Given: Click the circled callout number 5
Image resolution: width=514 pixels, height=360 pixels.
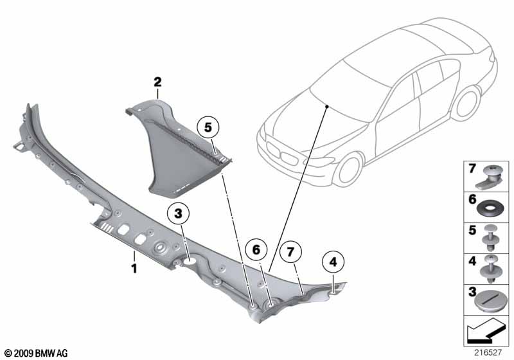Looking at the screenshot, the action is (208, 127).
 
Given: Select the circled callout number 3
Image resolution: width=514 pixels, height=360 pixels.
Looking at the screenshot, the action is (178, 214).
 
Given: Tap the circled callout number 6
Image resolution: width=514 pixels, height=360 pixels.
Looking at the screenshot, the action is (256, 250).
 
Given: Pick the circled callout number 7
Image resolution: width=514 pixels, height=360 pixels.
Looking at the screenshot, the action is (290, 252).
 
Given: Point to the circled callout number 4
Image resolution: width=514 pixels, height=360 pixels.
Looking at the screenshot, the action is (333, 262).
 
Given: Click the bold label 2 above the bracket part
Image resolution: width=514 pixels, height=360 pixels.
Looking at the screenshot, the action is (157, 82).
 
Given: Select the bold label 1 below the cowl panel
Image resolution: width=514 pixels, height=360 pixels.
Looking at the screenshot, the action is (134, 269).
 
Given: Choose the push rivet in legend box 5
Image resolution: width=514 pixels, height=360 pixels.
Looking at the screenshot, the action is (491, 238).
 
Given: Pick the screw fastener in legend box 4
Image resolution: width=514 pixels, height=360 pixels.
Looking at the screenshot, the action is (491, 269).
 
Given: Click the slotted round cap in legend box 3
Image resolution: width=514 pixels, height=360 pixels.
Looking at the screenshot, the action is (489, 301).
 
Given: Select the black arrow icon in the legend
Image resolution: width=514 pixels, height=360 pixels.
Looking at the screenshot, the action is (484, 330).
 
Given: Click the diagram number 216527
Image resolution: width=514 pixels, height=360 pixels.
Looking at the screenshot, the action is (488, 352).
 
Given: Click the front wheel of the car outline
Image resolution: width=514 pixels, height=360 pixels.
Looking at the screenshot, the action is (351, 170).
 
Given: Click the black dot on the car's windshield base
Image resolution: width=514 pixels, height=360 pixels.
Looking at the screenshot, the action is (327, 106).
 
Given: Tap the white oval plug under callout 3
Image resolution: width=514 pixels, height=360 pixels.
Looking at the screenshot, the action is (190, 261).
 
